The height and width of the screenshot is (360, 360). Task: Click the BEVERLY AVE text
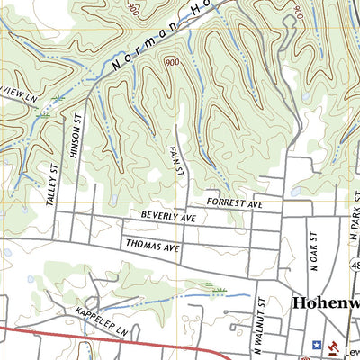coord(168,218)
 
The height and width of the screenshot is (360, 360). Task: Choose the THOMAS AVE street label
coord(153,245)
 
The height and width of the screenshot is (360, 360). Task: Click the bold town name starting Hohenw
coord(326,303)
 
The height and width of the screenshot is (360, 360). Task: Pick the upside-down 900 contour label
coord(134,10)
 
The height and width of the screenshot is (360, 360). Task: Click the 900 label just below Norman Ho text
coord(170,62)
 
